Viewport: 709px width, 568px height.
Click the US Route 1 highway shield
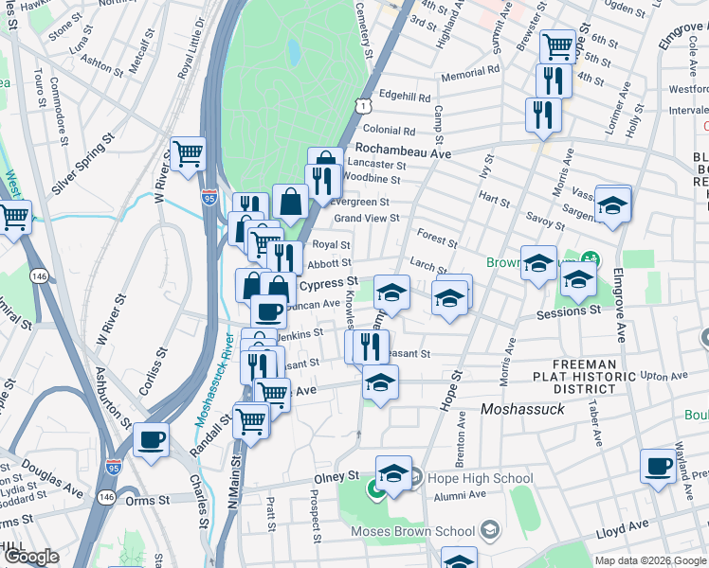tap(364, 104)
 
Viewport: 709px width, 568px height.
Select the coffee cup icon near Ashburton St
tap(152, 440)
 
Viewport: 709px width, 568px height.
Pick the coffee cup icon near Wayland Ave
tap(658, 467)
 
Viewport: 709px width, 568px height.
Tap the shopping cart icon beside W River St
tap(189, 152)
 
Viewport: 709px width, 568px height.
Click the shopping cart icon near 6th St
tap(558, 44)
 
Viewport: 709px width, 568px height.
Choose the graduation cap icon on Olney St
tap(393, 472)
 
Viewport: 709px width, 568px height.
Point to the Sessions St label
tap(568, 311)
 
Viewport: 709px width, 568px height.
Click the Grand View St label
tap(366, 219)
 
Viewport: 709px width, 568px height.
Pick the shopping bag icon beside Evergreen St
tap(290, 201)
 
